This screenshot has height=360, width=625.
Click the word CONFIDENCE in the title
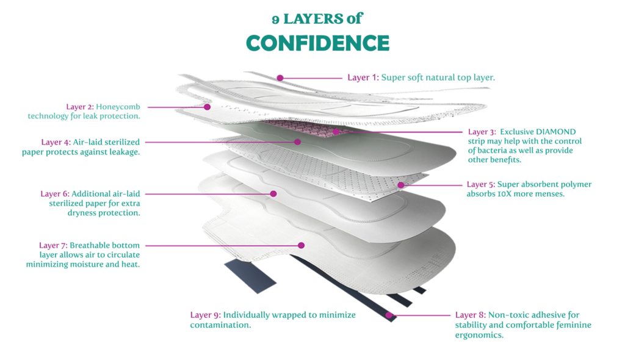(317, 43)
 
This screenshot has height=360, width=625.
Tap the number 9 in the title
(275, 20)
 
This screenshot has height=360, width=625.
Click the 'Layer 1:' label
(363, 77)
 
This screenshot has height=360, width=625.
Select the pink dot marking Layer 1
(280, 78)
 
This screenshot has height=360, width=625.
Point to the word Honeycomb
(118, 107)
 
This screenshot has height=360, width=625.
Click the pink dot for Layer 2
(208, 107)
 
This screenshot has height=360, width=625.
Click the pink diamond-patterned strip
(303, 128)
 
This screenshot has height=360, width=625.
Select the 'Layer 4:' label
(56, 142)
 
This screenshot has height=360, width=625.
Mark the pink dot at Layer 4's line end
(297, 142)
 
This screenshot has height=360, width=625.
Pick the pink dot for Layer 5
(400, 185)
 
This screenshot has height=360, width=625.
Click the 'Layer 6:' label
(55, 194)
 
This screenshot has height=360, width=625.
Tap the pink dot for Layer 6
(273, 194)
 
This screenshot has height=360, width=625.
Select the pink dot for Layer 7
(302, 245)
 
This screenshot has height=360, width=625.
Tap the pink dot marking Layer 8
(389, 315)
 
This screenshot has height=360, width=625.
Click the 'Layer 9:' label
(205, 315)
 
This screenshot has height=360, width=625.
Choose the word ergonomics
(479, 335)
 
